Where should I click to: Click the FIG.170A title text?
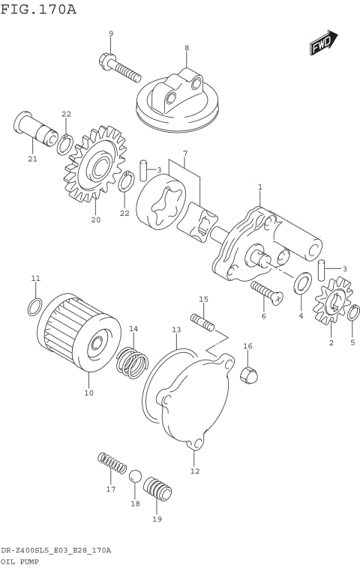(39, 9)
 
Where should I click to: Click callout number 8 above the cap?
(187, 48)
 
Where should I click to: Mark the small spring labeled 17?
(112, 464)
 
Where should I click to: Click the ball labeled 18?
(136, 477)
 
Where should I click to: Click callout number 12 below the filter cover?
(195, 471)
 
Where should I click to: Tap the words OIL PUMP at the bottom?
(20, 560)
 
